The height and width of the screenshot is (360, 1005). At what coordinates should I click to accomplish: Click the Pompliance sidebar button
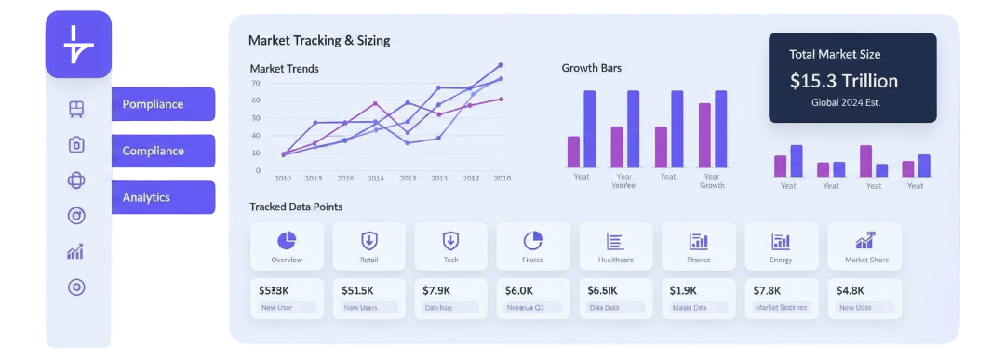pos(163,104)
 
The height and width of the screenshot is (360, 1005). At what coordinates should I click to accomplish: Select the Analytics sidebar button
pos(163,197)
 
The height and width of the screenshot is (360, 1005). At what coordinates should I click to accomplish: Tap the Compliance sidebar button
pos(163,151)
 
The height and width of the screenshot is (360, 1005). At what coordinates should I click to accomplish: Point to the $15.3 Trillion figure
pos(843,81)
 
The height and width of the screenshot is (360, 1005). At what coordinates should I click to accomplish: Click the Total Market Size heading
pos(834,54)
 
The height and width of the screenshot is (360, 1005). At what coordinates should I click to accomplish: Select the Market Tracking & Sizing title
pos(319,41)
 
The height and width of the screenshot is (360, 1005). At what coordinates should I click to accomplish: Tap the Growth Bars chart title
pos(591,68)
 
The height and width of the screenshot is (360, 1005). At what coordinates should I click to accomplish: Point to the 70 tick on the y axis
pos(256,83)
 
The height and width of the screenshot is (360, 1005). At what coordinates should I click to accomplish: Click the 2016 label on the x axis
pos(345,178)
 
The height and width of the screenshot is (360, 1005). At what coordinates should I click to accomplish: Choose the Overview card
pos(287,247)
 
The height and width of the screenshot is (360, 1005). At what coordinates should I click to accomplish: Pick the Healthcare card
pos(615,247)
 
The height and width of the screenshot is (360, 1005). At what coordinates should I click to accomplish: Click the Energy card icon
pos(781,242)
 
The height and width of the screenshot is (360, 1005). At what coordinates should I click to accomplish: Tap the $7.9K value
pos(436,290)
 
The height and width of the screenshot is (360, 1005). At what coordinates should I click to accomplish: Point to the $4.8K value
pos(851,290)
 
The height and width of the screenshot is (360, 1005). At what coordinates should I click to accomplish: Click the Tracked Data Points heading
pos(295,207)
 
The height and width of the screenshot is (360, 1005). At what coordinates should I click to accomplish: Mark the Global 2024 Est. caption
pos(843,103)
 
